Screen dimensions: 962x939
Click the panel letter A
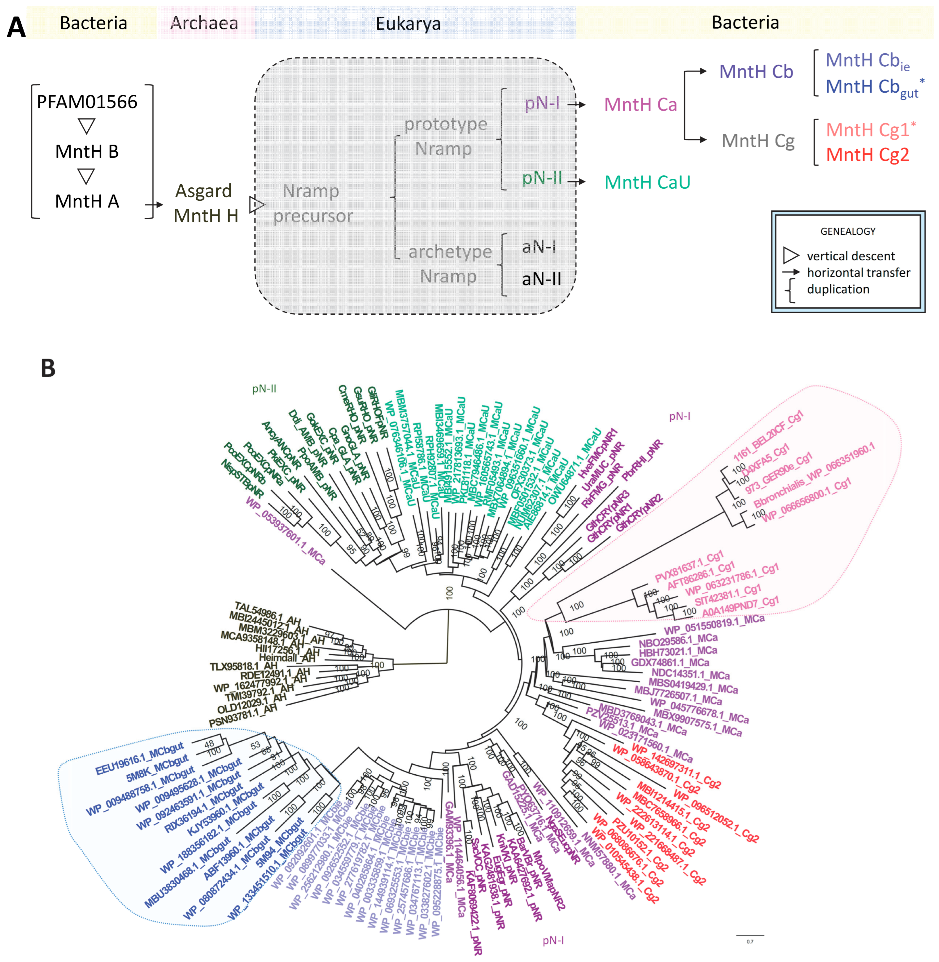point(16,27)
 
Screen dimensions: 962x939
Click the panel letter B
point(48,368)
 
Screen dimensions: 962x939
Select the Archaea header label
point(204,23)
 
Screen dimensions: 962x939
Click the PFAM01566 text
point(87,102)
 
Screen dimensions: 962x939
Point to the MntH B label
point(87,151)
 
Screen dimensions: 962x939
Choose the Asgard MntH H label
point(205,203)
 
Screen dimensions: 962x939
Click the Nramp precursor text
point(313,203)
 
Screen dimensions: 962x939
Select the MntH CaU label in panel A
point(647,182)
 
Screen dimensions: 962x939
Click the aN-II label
point(541,279)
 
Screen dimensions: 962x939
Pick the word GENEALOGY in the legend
point(848,231)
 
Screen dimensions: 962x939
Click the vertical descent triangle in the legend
point(791,255)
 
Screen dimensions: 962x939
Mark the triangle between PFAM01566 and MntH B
point(87,126)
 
